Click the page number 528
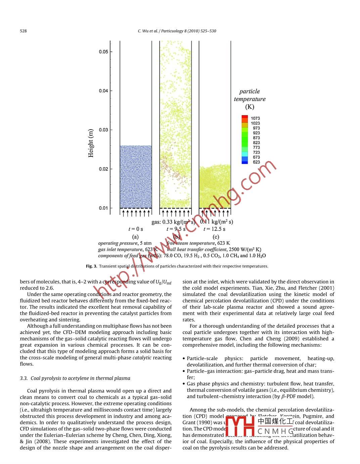(23, 31)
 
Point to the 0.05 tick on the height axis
(104, 52)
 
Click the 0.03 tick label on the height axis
(104, 130)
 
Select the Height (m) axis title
(91, 143)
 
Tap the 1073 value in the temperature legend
(255, 118)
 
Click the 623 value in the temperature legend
(256, 162)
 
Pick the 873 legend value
(256, 138)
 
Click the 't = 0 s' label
(136, 229)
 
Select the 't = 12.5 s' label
(214, 229)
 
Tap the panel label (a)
(135, 237)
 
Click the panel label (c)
(216, 237)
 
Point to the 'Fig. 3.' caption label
(91, 266)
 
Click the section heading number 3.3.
(24, 378)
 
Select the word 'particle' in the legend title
(250, 91)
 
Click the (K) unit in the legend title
(250, 107)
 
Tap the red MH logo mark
(240, 426)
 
